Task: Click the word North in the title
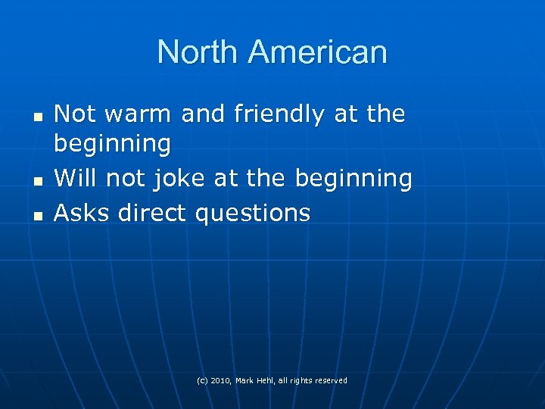pos(198,52)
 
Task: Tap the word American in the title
pos(317,52)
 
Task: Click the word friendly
pos(277,114)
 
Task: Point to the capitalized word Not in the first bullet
pos(76,114)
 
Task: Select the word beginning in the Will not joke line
pos(353,179)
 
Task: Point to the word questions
pos(253,213)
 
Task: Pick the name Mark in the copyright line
pos(245,380)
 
